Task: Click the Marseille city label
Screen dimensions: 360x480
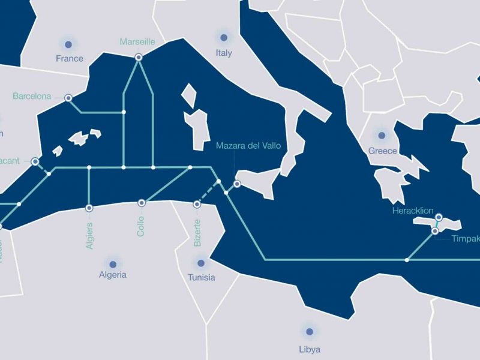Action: (x=137, y=42)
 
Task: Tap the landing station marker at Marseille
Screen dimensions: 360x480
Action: (x=139, y=57)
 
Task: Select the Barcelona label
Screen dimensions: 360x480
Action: (x=32, y=96)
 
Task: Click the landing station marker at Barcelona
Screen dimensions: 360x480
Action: (x=68, y=97)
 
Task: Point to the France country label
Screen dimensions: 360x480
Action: (x=69, y=58)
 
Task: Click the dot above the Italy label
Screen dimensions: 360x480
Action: (x=224, y=37)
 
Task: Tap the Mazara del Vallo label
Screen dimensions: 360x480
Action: (x=248, y=146)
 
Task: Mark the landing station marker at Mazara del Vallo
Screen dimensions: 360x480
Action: (x=237, y=184)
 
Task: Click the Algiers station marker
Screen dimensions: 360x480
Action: (x=89, y=208)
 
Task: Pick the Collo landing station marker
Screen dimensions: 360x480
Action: (x=142, y=203)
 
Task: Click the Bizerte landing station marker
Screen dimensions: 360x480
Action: (x=197, y=205)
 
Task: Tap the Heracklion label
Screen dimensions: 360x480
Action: (x=412, y=211)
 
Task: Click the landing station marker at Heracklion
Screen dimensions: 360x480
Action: (x=439, y=217)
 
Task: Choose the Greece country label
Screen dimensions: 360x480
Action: (x=382, y=151)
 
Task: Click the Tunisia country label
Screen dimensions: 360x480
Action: (x=201, y=278)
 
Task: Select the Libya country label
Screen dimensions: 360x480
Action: (x=310, y=349)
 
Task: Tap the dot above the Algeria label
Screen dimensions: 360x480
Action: (x=112, y=263)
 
